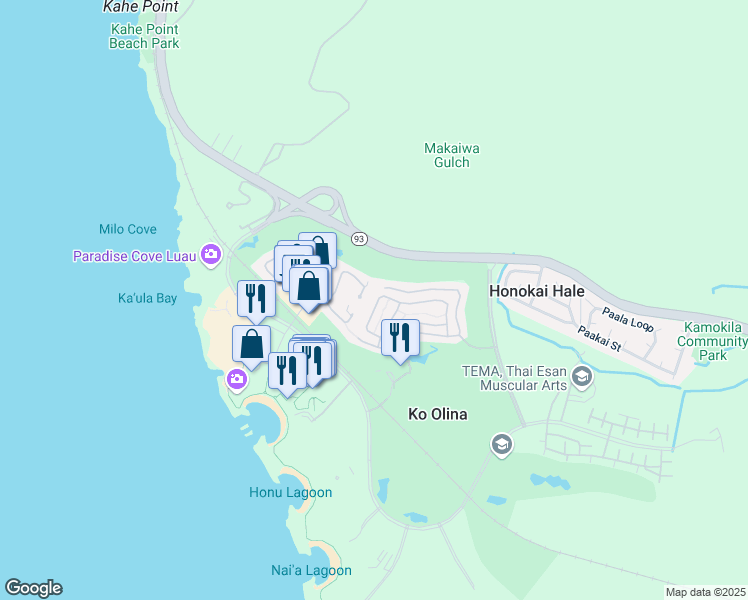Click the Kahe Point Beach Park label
pos(144,36)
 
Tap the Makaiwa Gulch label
pos(452,155)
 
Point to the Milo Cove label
pos(128,229)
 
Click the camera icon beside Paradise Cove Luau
pos(211,256)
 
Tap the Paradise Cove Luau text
pos(135,257)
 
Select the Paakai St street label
pos(600,337)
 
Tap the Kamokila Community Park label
pos(712,341)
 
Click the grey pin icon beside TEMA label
pos(584,377)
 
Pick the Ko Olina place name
pos(439,414)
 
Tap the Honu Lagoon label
pos(290,493)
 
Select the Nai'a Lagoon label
pos(310,570)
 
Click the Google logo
pos(33,588)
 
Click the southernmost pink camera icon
pos(237,379)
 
